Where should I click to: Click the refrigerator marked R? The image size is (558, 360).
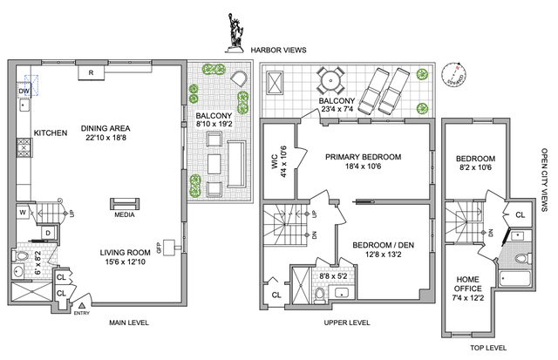click(91, 72)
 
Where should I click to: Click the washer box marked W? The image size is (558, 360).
click(22, 212)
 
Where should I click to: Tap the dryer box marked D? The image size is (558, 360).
click(46, 233)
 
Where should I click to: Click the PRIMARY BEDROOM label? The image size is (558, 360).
click(363, 157)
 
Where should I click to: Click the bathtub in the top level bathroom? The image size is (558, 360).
click(516, 280)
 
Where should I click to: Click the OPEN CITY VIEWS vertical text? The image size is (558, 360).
click(545, 180)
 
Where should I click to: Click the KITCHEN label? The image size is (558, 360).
click(51, 132)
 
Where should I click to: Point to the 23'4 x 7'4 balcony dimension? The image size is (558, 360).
click(339, 110)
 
